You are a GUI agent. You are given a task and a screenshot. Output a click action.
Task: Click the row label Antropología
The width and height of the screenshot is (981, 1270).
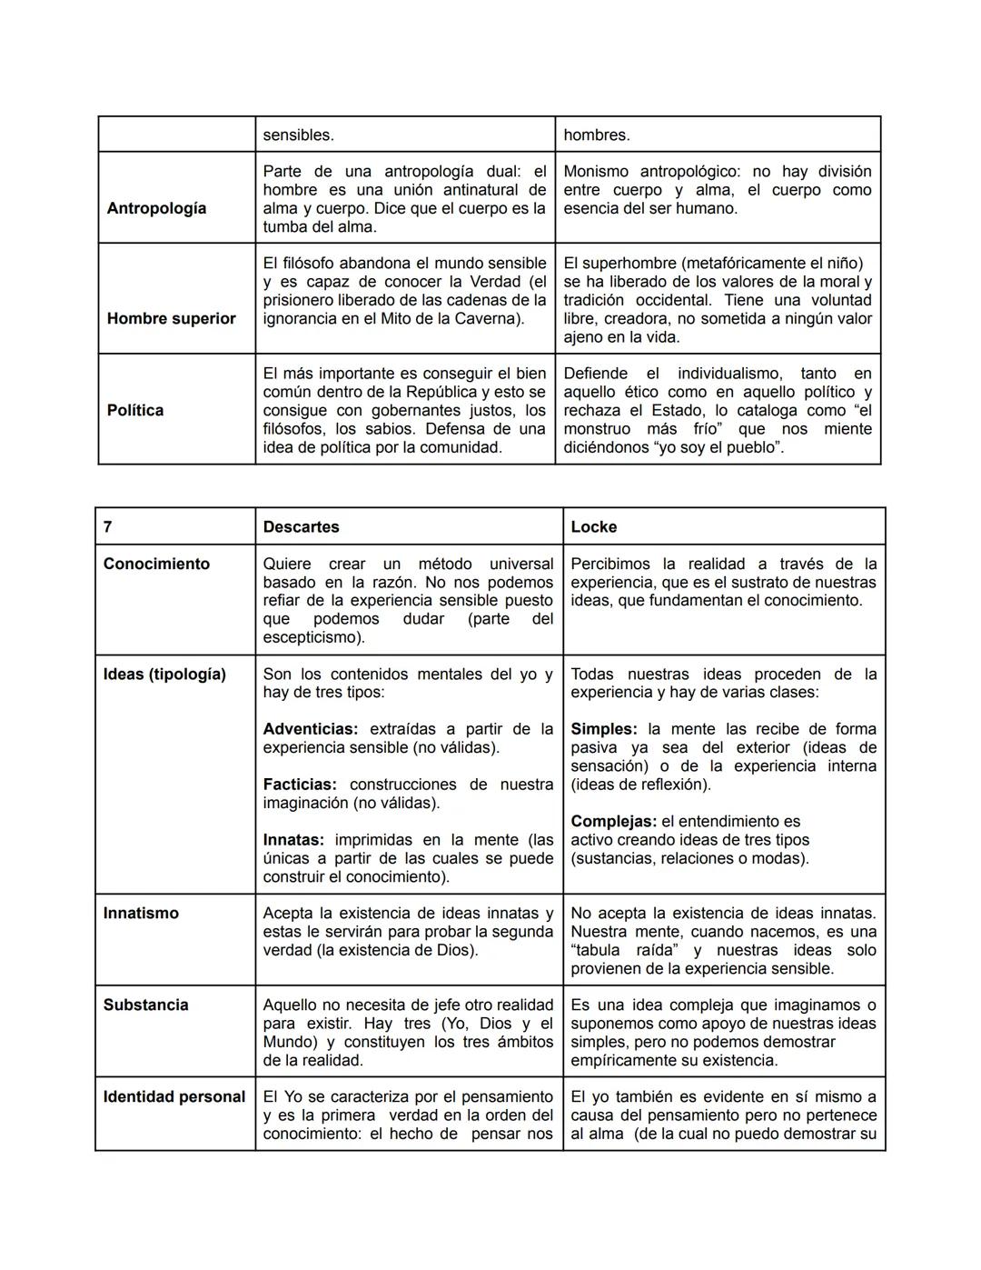coord(156,208)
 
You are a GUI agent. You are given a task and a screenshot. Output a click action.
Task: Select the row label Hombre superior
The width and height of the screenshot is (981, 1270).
coord(171,318)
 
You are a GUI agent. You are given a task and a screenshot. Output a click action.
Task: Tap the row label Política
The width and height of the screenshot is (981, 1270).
coord(135,410)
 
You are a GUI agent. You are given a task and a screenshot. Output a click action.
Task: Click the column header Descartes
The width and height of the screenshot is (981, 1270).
coord(301,527)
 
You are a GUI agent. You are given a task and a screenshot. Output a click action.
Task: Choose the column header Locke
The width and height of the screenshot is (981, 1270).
coord(593,527)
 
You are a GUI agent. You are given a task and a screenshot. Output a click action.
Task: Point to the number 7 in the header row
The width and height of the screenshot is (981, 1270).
coord(108,527)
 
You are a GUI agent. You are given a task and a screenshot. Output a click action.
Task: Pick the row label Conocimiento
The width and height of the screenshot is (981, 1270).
coord(156,564)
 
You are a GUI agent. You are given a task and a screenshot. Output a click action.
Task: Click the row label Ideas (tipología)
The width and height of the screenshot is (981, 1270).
coord(164,674)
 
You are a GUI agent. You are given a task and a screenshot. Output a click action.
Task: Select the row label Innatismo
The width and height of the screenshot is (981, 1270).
coord(141,913)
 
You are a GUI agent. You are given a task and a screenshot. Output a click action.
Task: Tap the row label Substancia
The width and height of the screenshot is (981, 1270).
coord(145,1005)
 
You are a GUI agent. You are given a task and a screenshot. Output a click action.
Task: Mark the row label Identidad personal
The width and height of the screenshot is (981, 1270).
coord(174,1096)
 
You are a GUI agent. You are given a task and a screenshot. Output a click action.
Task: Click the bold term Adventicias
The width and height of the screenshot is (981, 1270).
coord(310,729)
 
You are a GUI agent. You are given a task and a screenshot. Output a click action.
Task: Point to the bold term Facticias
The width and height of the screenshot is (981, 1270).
coord(300,784)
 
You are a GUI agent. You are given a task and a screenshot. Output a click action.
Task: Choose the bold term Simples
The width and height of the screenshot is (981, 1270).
coord(603,729)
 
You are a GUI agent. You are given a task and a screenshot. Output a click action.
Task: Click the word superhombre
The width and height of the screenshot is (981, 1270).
coord(632,263)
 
